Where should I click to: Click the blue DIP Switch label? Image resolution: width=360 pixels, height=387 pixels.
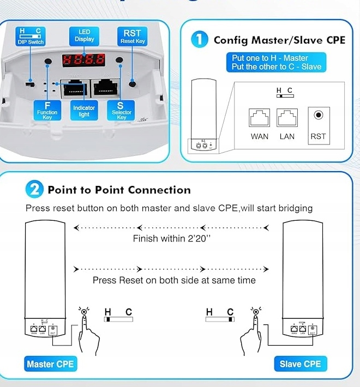30,37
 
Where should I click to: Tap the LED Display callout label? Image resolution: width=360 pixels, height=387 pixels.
84,36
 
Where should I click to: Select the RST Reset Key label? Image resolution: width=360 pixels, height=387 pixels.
132,37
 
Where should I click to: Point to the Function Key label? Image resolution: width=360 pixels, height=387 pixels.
47,111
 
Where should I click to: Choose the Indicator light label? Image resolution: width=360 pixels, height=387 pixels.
84,111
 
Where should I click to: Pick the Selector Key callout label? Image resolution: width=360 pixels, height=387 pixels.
121,111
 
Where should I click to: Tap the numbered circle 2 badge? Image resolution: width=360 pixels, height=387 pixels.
34,190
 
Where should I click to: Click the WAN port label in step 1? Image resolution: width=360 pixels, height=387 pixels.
260,137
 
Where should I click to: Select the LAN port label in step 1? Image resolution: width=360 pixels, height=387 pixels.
287,137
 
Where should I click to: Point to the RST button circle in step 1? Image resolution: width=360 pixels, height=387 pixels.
318,115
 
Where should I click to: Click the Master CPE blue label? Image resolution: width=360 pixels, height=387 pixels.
50,364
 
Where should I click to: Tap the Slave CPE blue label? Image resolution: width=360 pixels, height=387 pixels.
300,364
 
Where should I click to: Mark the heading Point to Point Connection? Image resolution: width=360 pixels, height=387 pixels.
119,190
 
